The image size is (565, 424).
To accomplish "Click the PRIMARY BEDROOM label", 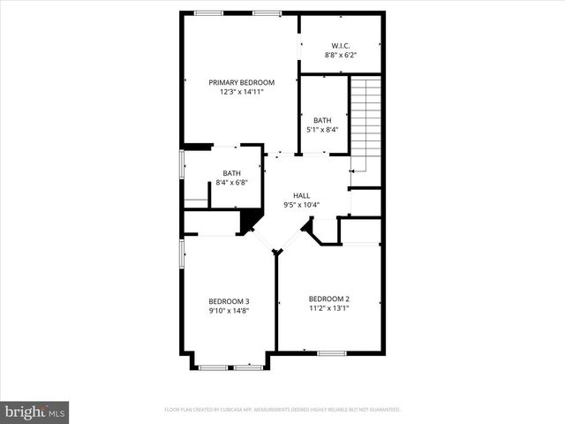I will click(241, 82).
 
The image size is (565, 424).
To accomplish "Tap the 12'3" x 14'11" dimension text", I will click(241, 92).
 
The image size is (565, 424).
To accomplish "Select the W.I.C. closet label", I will click(341, 45).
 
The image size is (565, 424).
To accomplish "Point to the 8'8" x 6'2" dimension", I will click(341, 55).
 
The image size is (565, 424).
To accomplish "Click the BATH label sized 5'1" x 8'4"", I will click(322, 120).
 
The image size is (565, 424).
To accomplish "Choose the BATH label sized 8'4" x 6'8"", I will click(231, 173).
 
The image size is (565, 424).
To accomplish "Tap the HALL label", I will click(301, 195).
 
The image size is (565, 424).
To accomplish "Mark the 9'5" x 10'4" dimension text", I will click(301, 205).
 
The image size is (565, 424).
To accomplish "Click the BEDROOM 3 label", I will click(229, 300).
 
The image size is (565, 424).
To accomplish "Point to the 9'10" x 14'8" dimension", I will click(229, 310).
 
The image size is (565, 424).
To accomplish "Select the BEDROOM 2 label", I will click(329, 299).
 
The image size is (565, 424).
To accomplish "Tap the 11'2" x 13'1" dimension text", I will click(329, 308).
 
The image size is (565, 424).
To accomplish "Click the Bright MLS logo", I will click(35, 412).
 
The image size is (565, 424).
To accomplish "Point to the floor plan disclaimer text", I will click(282, 410).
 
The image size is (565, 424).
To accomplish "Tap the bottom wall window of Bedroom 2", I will click(331, 353).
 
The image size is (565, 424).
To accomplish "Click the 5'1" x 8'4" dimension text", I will click(322, 130).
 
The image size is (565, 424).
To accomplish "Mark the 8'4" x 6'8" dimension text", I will click(231, 183).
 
